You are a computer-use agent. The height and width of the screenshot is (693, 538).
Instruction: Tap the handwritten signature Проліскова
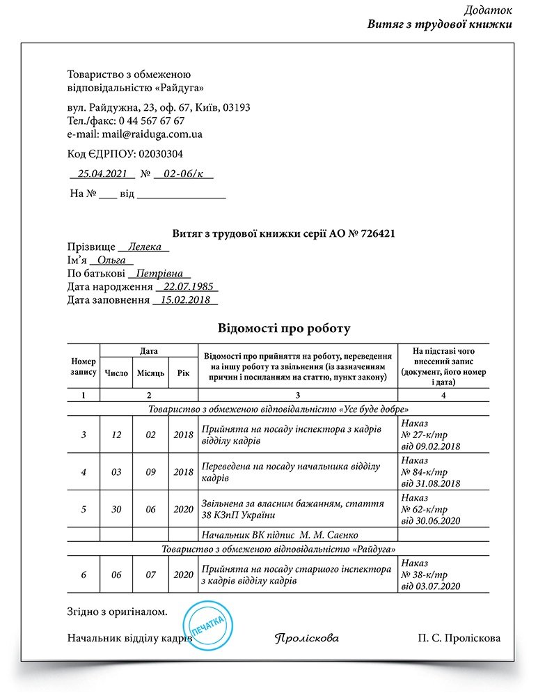click(x=307, y=638)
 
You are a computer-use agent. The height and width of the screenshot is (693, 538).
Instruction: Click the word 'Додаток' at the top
click(x=489, y=10)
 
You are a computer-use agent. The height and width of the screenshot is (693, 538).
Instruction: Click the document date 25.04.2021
click(x=102, y=173)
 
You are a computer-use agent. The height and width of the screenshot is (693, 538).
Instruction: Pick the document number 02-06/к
click(x=183, y=173)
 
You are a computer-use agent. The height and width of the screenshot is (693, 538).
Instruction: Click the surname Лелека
click(x=144, y=247)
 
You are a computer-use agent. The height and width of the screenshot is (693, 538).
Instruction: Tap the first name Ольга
click(x=116, y=260)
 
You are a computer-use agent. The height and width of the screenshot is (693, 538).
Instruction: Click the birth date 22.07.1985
click(x=187, y=287)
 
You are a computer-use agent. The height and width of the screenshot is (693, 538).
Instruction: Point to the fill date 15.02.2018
click(x=184, y=300)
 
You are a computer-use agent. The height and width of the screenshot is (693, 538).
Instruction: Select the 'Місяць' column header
click(x=150, y=373)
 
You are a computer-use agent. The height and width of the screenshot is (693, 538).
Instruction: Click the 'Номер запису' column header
click(x=84, y=367)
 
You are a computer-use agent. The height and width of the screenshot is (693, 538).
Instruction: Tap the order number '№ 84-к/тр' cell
click(x=425, y=472)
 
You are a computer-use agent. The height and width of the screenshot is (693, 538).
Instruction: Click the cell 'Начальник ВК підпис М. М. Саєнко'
click(x=279, y=535)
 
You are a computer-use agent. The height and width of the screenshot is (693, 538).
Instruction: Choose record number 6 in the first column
click(x=84, y=575)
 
